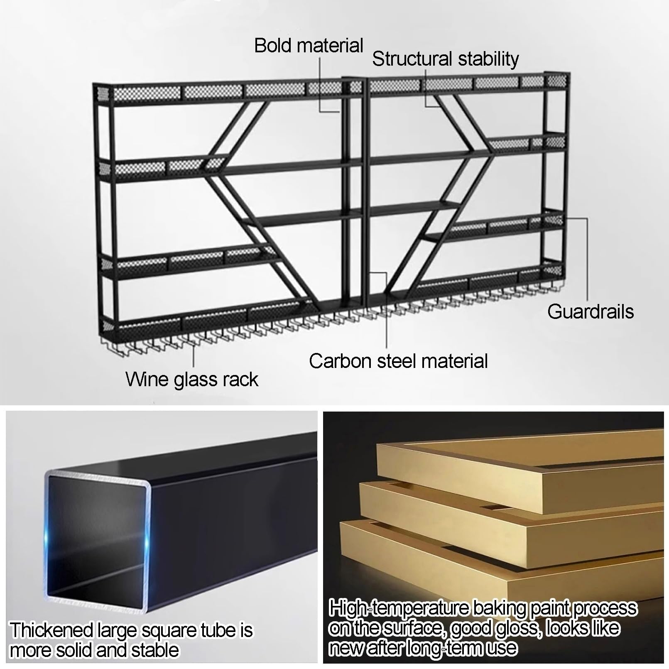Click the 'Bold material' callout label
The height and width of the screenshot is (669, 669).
point(309,45)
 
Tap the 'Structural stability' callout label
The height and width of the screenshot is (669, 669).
point(445,59)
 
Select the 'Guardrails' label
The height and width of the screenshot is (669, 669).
point(591,311)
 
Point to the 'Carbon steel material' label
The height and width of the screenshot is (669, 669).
point(398,361)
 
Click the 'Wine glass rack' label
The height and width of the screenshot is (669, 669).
point(192,380)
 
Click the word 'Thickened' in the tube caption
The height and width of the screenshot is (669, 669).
point(51,631)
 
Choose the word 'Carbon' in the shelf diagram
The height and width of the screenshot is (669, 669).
point(341,361)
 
